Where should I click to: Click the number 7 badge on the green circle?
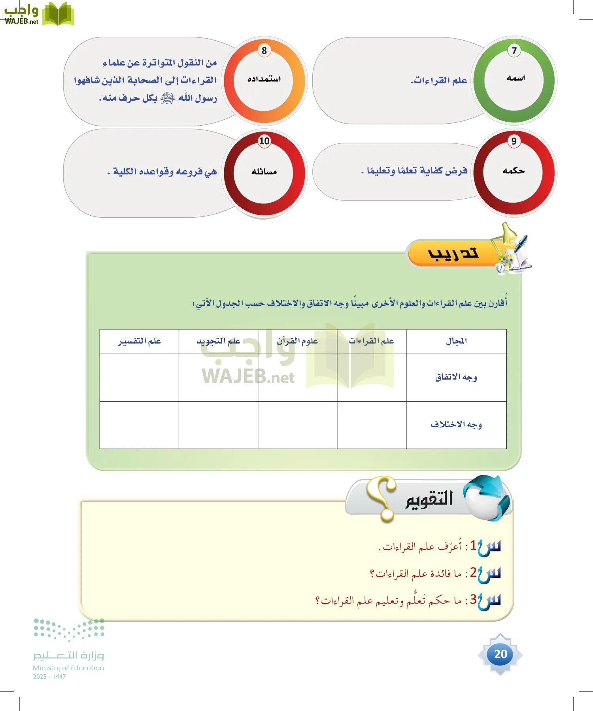(514, 51)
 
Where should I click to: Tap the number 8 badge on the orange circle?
(264, 51)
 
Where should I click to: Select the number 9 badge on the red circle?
(514, 141)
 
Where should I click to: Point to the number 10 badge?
(264, 141)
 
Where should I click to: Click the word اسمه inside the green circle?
(516, 78)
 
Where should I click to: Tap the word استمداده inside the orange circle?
(264, 79)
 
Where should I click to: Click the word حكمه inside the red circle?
(514, 171)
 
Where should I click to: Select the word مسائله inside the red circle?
(264, 171)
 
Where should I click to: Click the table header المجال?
(456, 341)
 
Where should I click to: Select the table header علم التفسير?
(139, 341)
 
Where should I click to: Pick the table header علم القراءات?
(371, 341)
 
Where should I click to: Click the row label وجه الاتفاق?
(456, 378)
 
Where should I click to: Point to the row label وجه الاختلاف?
(456, 425)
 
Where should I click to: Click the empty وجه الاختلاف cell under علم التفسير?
(139, 425)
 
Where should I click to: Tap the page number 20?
(500, 654)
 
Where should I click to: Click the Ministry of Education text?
(68, 668)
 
